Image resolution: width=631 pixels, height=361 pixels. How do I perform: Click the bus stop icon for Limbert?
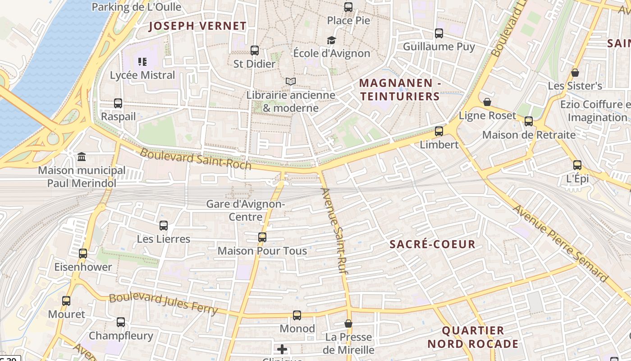coord(439,131)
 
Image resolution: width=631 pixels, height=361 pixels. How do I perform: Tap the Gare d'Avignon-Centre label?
coord(246,210)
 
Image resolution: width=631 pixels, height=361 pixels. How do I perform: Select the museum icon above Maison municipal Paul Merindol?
coord(82,157)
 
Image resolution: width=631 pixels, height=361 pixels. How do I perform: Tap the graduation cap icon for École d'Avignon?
coord(331,41)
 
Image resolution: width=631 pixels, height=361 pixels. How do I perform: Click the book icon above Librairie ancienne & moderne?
coord(291,82)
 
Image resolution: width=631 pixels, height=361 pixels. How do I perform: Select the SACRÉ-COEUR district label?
coord(432,245)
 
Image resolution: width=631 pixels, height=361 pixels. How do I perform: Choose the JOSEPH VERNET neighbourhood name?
coord(197,26)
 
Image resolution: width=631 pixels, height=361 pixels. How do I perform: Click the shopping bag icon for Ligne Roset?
coord(487,102)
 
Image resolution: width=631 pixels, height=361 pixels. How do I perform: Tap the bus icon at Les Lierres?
coord(164,226)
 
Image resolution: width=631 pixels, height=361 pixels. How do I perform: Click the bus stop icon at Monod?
coord(297,315)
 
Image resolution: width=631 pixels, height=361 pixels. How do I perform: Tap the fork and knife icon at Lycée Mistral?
coord(142,62)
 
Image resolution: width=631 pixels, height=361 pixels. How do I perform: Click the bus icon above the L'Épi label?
coord(577,165)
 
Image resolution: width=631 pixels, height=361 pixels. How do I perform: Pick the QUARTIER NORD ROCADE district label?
coord(473,337)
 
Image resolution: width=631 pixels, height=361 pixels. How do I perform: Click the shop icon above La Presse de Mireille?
coord(348,324)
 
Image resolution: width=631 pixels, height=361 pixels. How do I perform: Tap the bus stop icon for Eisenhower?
coord(83,254)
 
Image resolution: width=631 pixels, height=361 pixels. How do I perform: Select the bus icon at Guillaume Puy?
coord(439,33)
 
